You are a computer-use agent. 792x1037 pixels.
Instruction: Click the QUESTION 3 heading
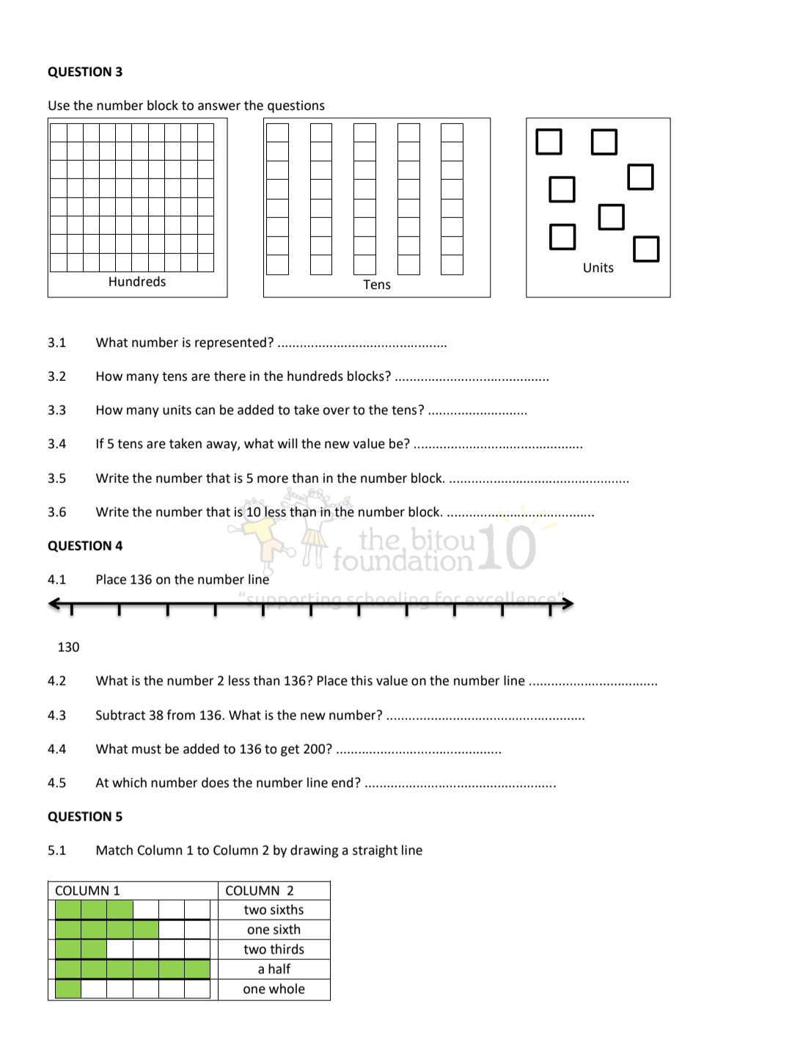85,72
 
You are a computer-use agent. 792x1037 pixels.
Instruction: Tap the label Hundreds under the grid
137,282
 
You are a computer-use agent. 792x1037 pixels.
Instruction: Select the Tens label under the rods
377,285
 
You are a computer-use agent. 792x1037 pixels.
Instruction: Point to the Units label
598,268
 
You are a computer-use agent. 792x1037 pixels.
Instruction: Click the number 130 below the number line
68,647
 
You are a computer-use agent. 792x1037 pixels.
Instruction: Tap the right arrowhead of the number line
568,604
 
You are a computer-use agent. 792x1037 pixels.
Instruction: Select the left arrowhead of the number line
54,604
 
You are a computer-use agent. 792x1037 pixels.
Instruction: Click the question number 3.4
57,444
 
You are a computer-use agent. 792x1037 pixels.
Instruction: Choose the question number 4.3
57,716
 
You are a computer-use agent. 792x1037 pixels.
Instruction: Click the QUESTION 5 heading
85,817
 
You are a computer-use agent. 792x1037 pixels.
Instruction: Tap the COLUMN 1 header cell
87,891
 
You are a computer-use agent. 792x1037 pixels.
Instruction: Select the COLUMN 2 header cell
260,891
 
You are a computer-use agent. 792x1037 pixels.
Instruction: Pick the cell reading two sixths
274,910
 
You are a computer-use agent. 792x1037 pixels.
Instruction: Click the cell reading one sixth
274,930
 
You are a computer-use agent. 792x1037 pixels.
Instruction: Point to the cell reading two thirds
274,950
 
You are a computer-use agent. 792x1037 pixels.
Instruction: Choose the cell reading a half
274,969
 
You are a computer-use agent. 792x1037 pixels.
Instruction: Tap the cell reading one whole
274,989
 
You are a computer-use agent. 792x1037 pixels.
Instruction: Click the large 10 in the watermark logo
510,548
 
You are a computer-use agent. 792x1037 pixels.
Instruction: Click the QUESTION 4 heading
85,546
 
